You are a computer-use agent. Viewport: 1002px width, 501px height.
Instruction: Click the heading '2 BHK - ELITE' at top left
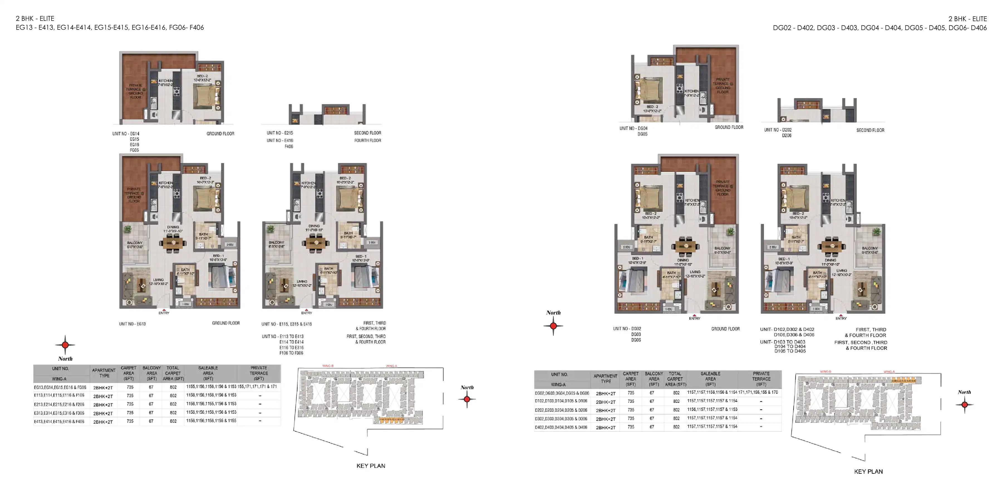coord(35,18)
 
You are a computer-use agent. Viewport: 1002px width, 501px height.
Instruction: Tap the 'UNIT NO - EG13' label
coord(132,324)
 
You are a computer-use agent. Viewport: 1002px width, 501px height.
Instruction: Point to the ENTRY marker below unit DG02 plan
coord(695,317)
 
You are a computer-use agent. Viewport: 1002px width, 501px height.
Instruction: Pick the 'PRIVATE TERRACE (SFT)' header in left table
coord(259,373)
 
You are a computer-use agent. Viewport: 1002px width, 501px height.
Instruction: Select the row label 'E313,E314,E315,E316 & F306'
coord(59,413)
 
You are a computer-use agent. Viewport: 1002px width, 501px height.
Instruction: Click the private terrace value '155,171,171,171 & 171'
coord(257,387)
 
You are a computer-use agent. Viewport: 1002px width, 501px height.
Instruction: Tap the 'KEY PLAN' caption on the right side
coord(868,471)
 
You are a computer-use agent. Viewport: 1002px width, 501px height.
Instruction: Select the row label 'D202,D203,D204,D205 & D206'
coord(561,410)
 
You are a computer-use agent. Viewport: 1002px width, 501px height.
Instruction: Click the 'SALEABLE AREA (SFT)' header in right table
coord(710,379)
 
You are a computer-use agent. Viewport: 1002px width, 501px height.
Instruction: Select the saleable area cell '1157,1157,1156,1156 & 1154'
coord(712,392)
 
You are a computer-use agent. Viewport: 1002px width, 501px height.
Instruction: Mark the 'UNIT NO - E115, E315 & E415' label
coord(287,324)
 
